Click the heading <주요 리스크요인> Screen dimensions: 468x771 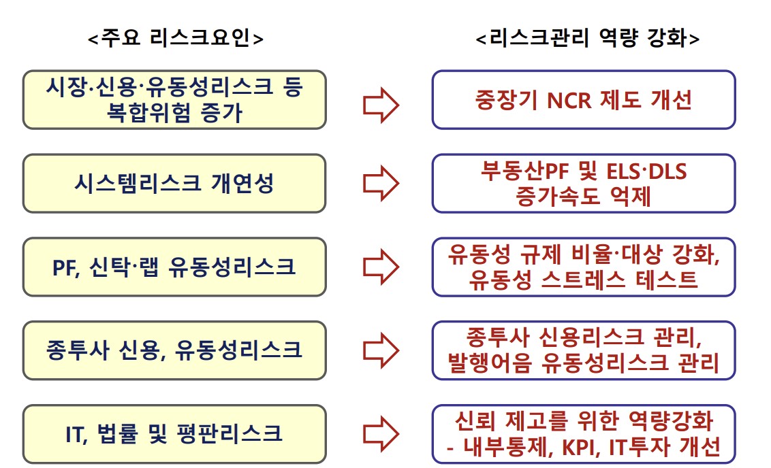pyautogui.click(x=175, y=39)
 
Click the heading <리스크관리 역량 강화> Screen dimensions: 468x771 pyautogui.click(x=587, y=39)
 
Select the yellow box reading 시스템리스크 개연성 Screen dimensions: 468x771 pyautogui.click(x=174, y=184)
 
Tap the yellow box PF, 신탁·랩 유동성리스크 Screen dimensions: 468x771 pyautogui.click(x=174, y=267)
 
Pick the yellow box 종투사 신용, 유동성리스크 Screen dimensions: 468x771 pyautogui.click(x=174, y=350)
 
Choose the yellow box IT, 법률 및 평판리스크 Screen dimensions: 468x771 pyautogui.click(x=174, y=433)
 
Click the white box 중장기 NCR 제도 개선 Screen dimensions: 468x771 pyautogui.click(x=584, y=100)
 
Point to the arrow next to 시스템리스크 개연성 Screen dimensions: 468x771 pyautogui.click(x=380, y=184)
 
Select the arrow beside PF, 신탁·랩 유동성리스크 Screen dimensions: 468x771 pyautogui.click(x=380, y=267)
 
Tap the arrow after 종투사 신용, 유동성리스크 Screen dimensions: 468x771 pyautogui.click(x=380, y=350)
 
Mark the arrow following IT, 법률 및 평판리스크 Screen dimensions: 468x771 pyautogui.click(x=380, y=433)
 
